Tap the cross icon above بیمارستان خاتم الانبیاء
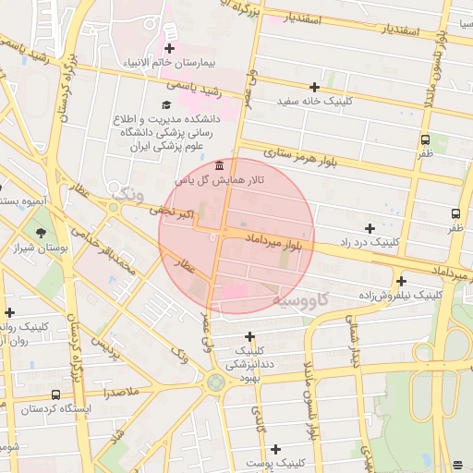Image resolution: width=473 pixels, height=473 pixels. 169,48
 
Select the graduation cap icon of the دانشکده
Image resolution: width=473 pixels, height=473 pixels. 166,104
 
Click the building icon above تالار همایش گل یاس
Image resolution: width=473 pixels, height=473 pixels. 218,166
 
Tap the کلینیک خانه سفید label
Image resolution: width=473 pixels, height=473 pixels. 315,101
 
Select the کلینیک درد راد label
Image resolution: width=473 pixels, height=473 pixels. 370,242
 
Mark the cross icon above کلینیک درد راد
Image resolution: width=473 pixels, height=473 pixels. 370,227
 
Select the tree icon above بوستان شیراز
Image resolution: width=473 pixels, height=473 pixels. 40,234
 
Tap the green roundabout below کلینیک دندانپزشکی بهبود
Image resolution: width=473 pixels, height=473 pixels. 215,382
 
